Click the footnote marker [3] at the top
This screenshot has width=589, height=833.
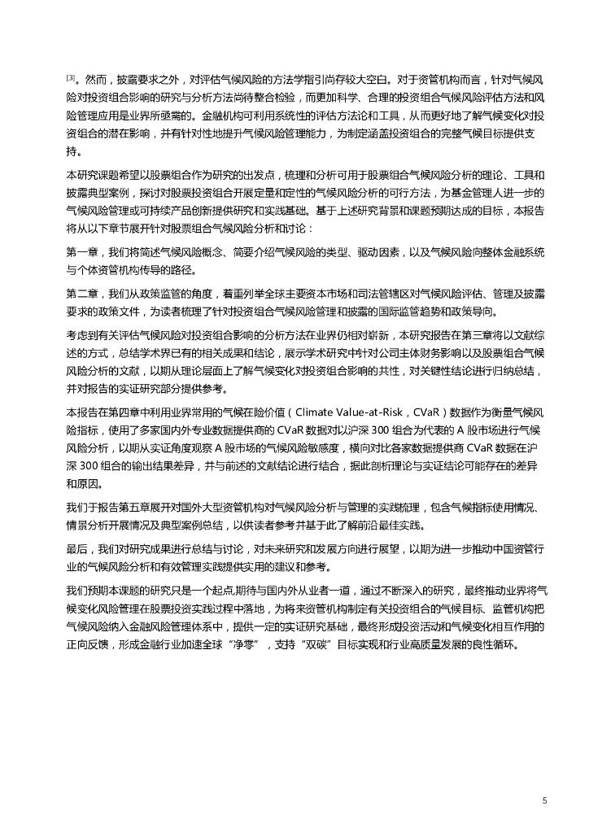[70, 78]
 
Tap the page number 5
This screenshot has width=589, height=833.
[544, 800]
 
